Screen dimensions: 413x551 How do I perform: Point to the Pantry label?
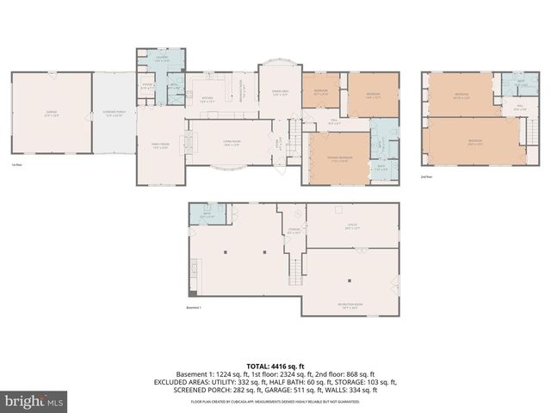(147, 86)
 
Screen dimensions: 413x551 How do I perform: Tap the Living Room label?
(232, 145)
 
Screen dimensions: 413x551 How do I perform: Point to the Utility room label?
(350, 228)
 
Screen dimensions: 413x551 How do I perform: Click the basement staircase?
(295, 271)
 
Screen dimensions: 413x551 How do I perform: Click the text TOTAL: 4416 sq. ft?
(275, 365)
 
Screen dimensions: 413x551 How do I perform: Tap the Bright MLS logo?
(34, 400)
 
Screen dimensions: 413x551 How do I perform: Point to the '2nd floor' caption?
(426, 176)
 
